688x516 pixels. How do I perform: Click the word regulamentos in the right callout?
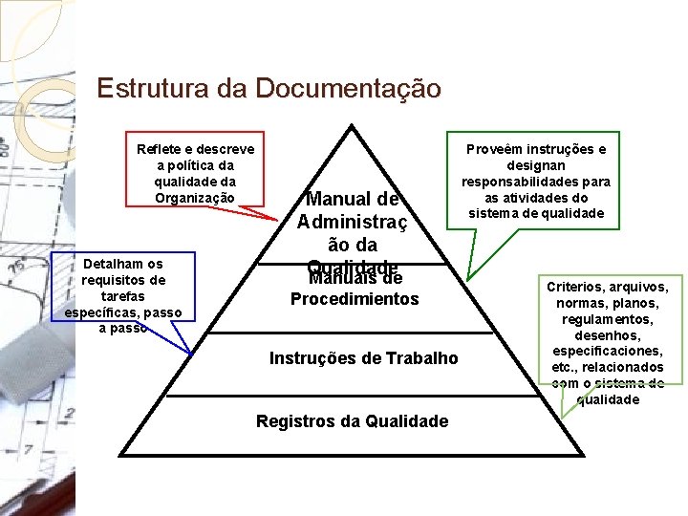point(608,319)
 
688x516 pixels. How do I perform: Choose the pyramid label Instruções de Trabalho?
point(363,358)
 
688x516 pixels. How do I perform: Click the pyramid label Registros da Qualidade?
point(352,420)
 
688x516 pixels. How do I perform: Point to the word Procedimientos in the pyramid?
point(354,298)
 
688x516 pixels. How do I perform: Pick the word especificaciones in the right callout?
point(608,352)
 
